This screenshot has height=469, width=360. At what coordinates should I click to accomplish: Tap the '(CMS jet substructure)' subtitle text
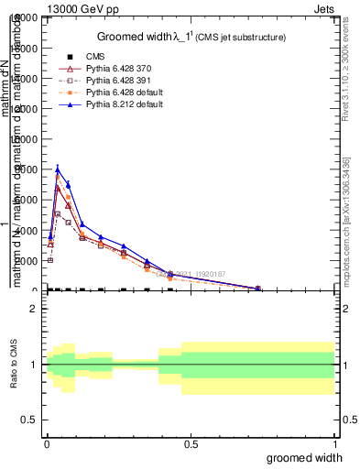tap(241, 38)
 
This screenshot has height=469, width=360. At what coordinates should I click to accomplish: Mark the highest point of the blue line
tap(58, 169)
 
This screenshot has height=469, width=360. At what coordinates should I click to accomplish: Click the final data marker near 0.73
tap(257, 288)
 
